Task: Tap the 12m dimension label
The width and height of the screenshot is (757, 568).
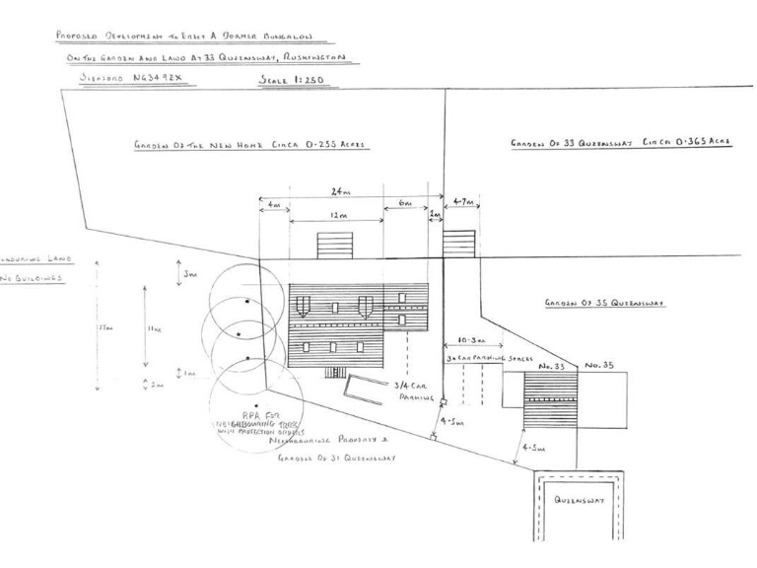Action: point(336,213)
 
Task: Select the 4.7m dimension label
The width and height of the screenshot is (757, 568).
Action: point(460,202)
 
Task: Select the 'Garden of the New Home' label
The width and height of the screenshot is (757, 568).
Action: point(250,144)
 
